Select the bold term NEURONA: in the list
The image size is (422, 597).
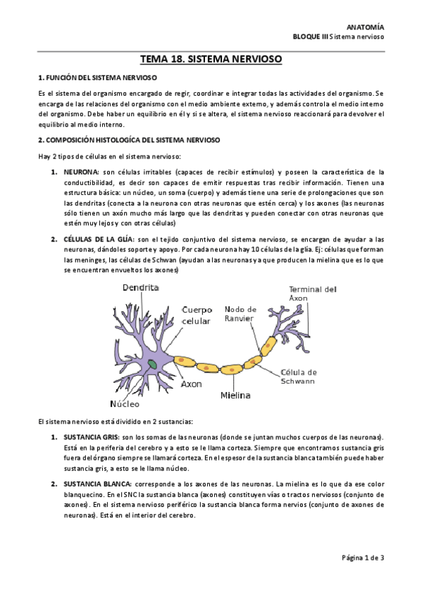(80, 172)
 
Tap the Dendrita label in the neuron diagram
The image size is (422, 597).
(141, 288)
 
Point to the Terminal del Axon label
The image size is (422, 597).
(313, 294)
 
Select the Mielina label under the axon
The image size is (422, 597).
(235, 396)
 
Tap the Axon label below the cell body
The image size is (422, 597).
(192, 385)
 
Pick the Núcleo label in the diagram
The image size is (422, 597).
(125, 404)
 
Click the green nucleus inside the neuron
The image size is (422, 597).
(153, 364)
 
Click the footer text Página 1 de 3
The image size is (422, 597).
(361, 559)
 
